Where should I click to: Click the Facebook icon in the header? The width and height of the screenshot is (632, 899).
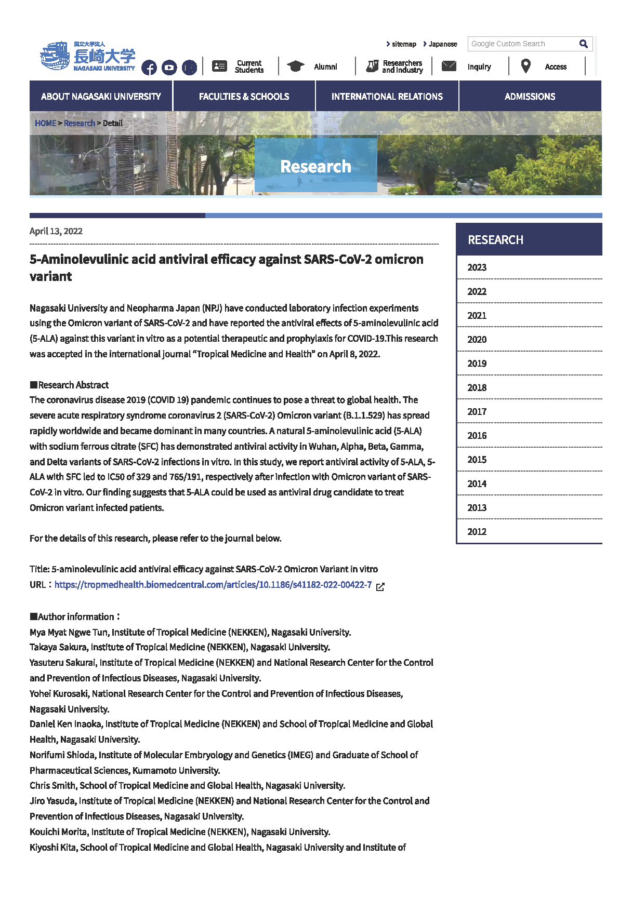[149, 68]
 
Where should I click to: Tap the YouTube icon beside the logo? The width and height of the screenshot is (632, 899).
[169, 68]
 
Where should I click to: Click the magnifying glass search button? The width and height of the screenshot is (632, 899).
[584, 44]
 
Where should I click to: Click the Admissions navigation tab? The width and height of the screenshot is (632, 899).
[530, 97]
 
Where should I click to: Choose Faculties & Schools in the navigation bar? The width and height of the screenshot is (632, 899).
[244, 97]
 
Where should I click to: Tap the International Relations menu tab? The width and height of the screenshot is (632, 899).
[387, 97]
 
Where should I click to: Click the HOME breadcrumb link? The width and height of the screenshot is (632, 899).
[45, 123]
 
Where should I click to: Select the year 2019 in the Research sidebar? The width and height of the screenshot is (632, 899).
[477, 364]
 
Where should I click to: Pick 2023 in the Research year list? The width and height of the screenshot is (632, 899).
[477, 267]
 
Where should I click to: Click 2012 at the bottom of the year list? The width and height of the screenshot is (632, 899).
[477, 532]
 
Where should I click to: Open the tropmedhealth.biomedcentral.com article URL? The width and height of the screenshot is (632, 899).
[213, 585]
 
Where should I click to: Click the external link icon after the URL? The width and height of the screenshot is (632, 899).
[380, 586]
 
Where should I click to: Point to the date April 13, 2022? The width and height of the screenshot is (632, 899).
[56, 231]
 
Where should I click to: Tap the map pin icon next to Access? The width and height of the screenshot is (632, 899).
[526, 66]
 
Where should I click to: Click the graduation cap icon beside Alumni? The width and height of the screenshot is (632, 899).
[295, 66]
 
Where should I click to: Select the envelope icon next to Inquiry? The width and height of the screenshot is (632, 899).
[449, 66]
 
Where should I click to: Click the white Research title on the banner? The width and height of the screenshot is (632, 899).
[315, 166]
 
